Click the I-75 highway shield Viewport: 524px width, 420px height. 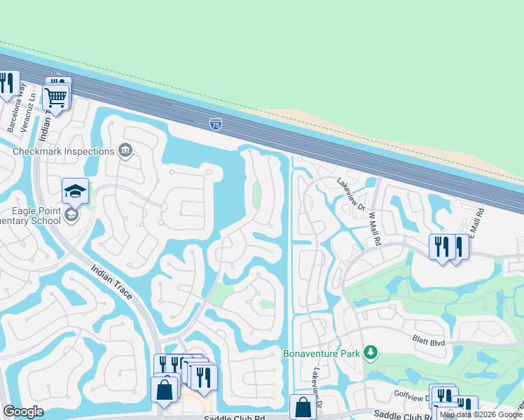pos(216,125)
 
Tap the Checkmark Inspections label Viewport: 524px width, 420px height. pos(64,151)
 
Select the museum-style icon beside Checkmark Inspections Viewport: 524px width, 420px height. pos(126,150)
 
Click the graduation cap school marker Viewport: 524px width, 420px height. pos(76,190)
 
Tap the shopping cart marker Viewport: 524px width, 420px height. pos(55,97)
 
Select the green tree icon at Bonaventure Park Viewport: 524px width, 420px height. pos(371,353)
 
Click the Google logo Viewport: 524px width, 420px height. pos(23,412)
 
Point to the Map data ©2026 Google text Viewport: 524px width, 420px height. pos(481,414)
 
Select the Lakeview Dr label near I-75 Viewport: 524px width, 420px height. pos(351,194)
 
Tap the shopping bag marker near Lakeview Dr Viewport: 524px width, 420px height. pos(303,407)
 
